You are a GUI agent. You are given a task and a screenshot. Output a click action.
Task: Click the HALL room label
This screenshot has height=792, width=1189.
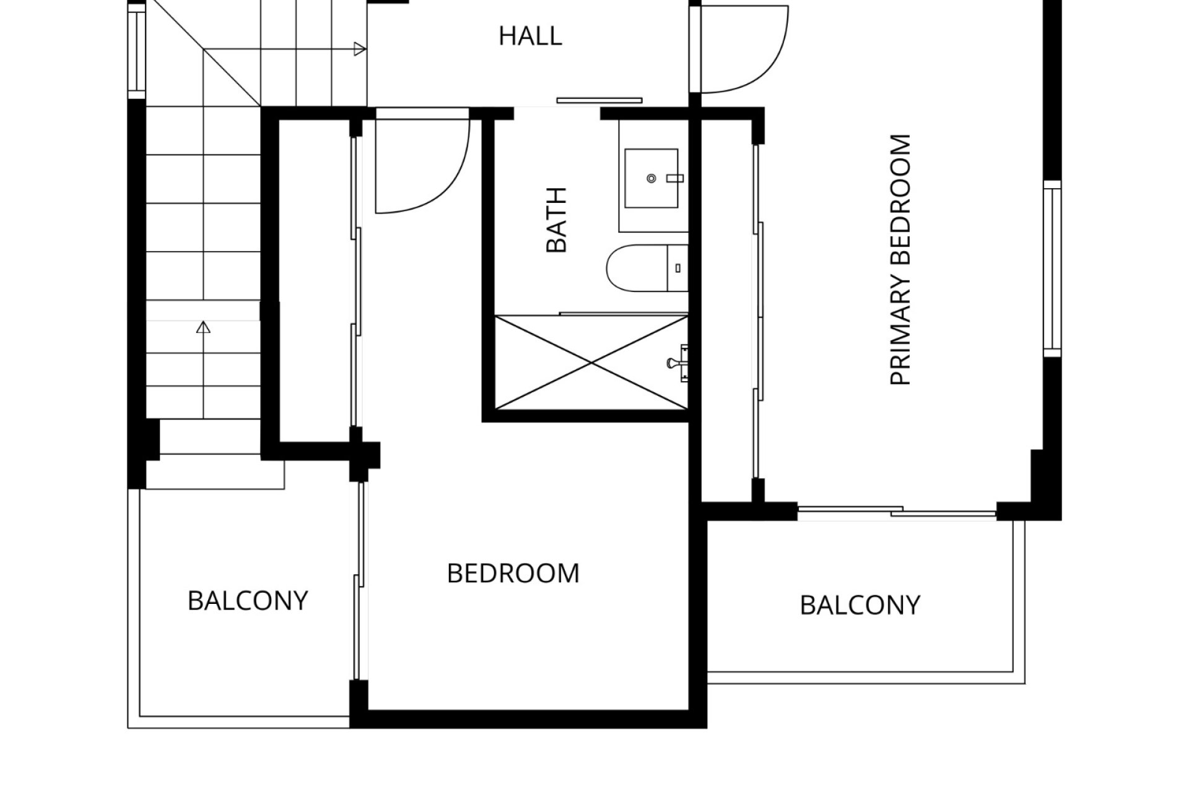[530, 37]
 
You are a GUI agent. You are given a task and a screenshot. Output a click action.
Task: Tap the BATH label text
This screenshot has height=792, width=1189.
[557, 220]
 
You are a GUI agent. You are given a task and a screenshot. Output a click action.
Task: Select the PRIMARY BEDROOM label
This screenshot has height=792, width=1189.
[900, 260]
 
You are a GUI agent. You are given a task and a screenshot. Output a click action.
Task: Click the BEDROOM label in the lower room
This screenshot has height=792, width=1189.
[513, 574]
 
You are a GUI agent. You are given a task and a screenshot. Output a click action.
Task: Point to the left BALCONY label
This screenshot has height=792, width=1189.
[248, 601]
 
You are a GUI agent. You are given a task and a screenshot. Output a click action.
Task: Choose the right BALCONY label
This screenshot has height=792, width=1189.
[860, 605]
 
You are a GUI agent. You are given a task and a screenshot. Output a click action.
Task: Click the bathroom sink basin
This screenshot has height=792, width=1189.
[651, 178]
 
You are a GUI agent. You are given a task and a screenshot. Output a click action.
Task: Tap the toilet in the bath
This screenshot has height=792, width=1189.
[647, 268]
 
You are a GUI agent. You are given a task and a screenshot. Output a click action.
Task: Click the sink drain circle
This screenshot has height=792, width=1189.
[651, 178]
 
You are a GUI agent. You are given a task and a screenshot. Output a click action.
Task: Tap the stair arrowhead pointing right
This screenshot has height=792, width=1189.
[360, 49]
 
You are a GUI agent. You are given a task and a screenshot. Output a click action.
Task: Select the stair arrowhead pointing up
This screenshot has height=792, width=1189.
[203, 327]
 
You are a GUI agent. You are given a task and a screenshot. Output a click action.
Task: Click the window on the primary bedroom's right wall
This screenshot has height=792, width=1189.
[1053, 269]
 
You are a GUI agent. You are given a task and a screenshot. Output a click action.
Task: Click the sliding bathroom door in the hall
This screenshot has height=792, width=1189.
[599, 100]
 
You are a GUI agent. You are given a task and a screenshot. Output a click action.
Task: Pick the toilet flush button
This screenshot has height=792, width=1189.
[678, 268]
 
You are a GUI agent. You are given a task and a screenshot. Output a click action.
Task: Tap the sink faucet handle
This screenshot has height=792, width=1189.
[674, 178]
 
